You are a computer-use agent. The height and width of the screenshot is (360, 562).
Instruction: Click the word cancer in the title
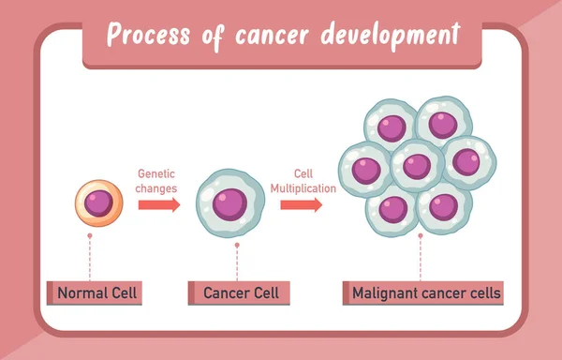point(267,35)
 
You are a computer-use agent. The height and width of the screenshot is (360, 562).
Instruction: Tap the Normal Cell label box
point(97,293)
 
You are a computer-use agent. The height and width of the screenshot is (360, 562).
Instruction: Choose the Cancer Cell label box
point(240,293)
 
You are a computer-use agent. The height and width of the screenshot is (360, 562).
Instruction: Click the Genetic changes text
point(156,180)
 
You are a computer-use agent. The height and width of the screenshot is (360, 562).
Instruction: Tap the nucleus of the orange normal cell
point(98,202)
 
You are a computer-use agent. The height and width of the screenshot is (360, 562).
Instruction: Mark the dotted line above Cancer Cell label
point(238,262)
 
